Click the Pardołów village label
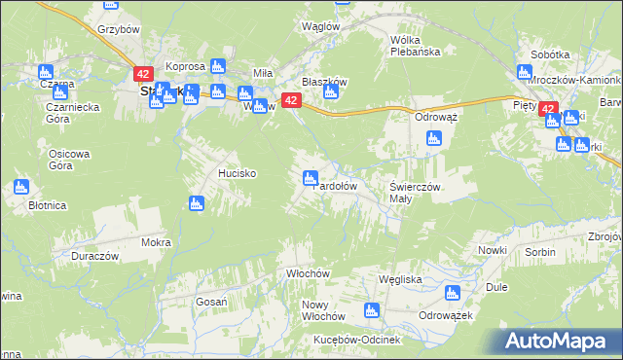click(338, 185)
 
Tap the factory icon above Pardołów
click(311, 177)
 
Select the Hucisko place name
click(237, 173)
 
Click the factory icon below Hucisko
click(197, 202)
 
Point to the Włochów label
click(304, 274)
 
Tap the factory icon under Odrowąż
click(433, 137)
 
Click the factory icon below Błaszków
click(330, 92)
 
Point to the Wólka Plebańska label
click(416, 46)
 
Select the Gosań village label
click(211, 303)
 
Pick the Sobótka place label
click(549, 55)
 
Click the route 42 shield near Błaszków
click(290, 100)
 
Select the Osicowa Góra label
click(70, 160)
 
